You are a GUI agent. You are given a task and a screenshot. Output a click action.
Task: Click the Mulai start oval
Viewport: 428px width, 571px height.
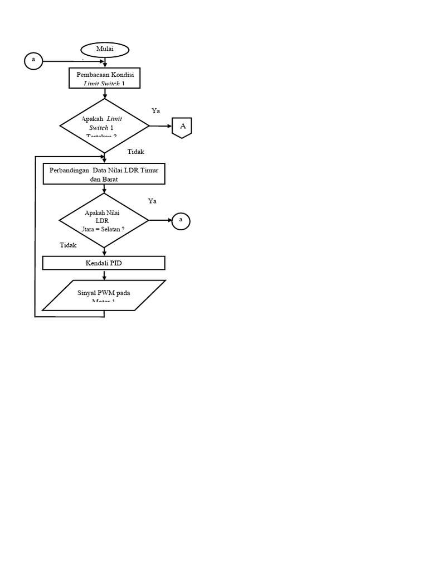coord(105,50)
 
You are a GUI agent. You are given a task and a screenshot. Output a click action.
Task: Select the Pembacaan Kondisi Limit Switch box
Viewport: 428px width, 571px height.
coord(104,78)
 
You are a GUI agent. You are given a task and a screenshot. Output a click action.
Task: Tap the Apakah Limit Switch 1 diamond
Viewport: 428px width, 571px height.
coord(104,127)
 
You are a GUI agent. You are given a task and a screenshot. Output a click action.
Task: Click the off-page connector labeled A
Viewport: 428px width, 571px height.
coord(182,127)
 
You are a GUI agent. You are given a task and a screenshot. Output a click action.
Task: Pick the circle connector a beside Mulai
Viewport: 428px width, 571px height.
coord(33,60)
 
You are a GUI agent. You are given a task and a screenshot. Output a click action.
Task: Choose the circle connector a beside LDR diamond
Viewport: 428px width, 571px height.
coord(181,221)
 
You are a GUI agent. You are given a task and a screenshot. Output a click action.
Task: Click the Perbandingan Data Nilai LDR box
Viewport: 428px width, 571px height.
coord(104,173)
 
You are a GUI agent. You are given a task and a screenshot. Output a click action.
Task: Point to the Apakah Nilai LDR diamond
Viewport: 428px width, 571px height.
coord(104,221)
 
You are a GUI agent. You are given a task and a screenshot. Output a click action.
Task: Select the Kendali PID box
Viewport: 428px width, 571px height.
coord(104,263)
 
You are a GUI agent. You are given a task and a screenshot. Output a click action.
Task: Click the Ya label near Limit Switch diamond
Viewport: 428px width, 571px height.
coord(156,111)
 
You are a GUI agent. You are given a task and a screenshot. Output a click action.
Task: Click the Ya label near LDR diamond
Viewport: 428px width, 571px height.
coord(152,201)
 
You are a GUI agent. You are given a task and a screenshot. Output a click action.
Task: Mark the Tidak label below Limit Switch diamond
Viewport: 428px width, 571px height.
coord(136,152)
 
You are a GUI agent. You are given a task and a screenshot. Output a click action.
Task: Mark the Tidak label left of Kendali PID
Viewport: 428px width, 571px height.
coord(68,245)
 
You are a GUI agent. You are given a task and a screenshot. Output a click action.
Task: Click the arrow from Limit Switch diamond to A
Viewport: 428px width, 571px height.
coord(161,127)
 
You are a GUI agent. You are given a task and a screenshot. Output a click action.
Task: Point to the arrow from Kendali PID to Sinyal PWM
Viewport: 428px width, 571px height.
coord(104,275)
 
